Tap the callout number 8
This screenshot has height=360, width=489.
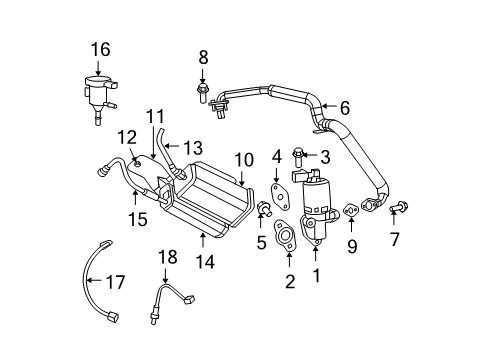[203, 56]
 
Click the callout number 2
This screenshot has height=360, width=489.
[290, 283]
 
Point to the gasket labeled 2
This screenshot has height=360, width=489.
[286, 240]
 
